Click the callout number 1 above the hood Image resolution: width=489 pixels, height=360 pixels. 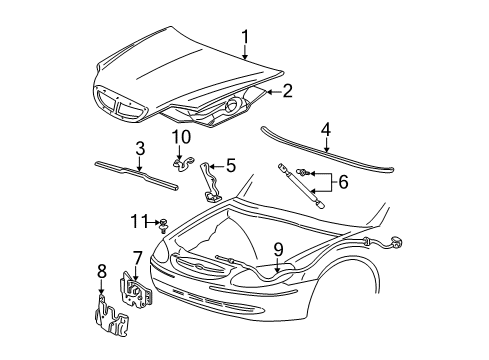point(245,37)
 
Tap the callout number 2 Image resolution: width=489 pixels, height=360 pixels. point(287,91)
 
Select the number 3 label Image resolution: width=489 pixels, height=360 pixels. point(140,148)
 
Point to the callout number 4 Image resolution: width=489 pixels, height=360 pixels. point(326,129)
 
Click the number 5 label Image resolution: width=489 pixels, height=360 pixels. point(231,166)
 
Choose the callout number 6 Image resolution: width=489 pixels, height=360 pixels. point(343,182)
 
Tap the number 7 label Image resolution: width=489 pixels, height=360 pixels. point(137,258)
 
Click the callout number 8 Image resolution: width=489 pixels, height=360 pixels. point(102,271)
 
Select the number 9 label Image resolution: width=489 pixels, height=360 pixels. point(278,250)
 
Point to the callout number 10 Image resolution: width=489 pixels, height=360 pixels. point(181,137)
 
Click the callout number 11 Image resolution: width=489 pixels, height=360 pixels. point(139,221)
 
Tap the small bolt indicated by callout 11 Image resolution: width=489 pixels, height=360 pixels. point(163,226)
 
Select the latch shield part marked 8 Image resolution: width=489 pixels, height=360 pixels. point(111,316)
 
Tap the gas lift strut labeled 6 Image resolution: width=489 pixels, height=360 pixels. point(301,186)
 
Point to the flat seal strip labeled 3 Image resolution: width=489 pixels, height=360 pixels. point(136,176)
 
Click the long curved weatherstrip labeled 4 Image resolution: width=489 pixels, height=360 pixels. point(327,150)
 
